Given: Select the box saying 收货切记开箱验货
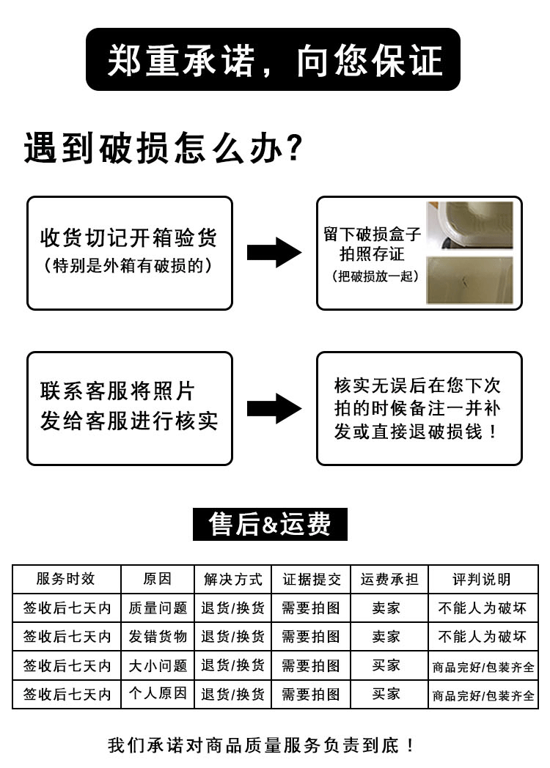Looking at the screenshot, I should tap(130, 252).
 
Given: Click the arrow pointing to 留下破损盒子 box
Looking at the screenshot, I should tap(274, 252).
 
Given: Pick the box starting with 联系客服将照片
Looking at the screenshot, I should tap(130, 408).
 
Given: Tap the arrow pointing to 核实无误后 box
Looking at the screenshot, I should tap(274, 408).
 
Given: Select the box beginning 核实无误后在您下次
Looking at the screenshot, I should tap(419, 408).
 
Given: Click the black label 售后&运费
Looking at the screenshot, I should tap(270, 524).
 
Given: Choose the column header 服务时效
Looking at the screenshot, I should tap(66, 579).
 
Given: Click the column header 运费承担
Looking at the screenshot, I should tap(389, 579).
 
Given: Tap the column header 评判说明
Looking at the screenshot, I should tap(483, 579).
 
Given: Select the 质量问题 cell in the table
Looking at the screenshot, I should tap(158, 608).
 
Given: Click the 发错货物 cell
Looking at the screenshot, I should tap(158, 636).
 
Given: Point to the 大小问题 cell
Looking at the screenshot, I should tap(158, 665).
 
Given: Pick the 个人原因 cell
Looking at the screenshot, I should tap(158, 693).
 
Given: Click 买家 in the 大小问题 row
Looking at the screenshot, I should tap(386, 665).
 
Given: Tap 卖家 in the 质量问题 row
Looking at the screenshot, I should tap(386, 608).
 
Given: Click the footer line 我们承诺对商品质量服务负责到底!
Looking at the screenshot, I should tap(262, 746).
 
